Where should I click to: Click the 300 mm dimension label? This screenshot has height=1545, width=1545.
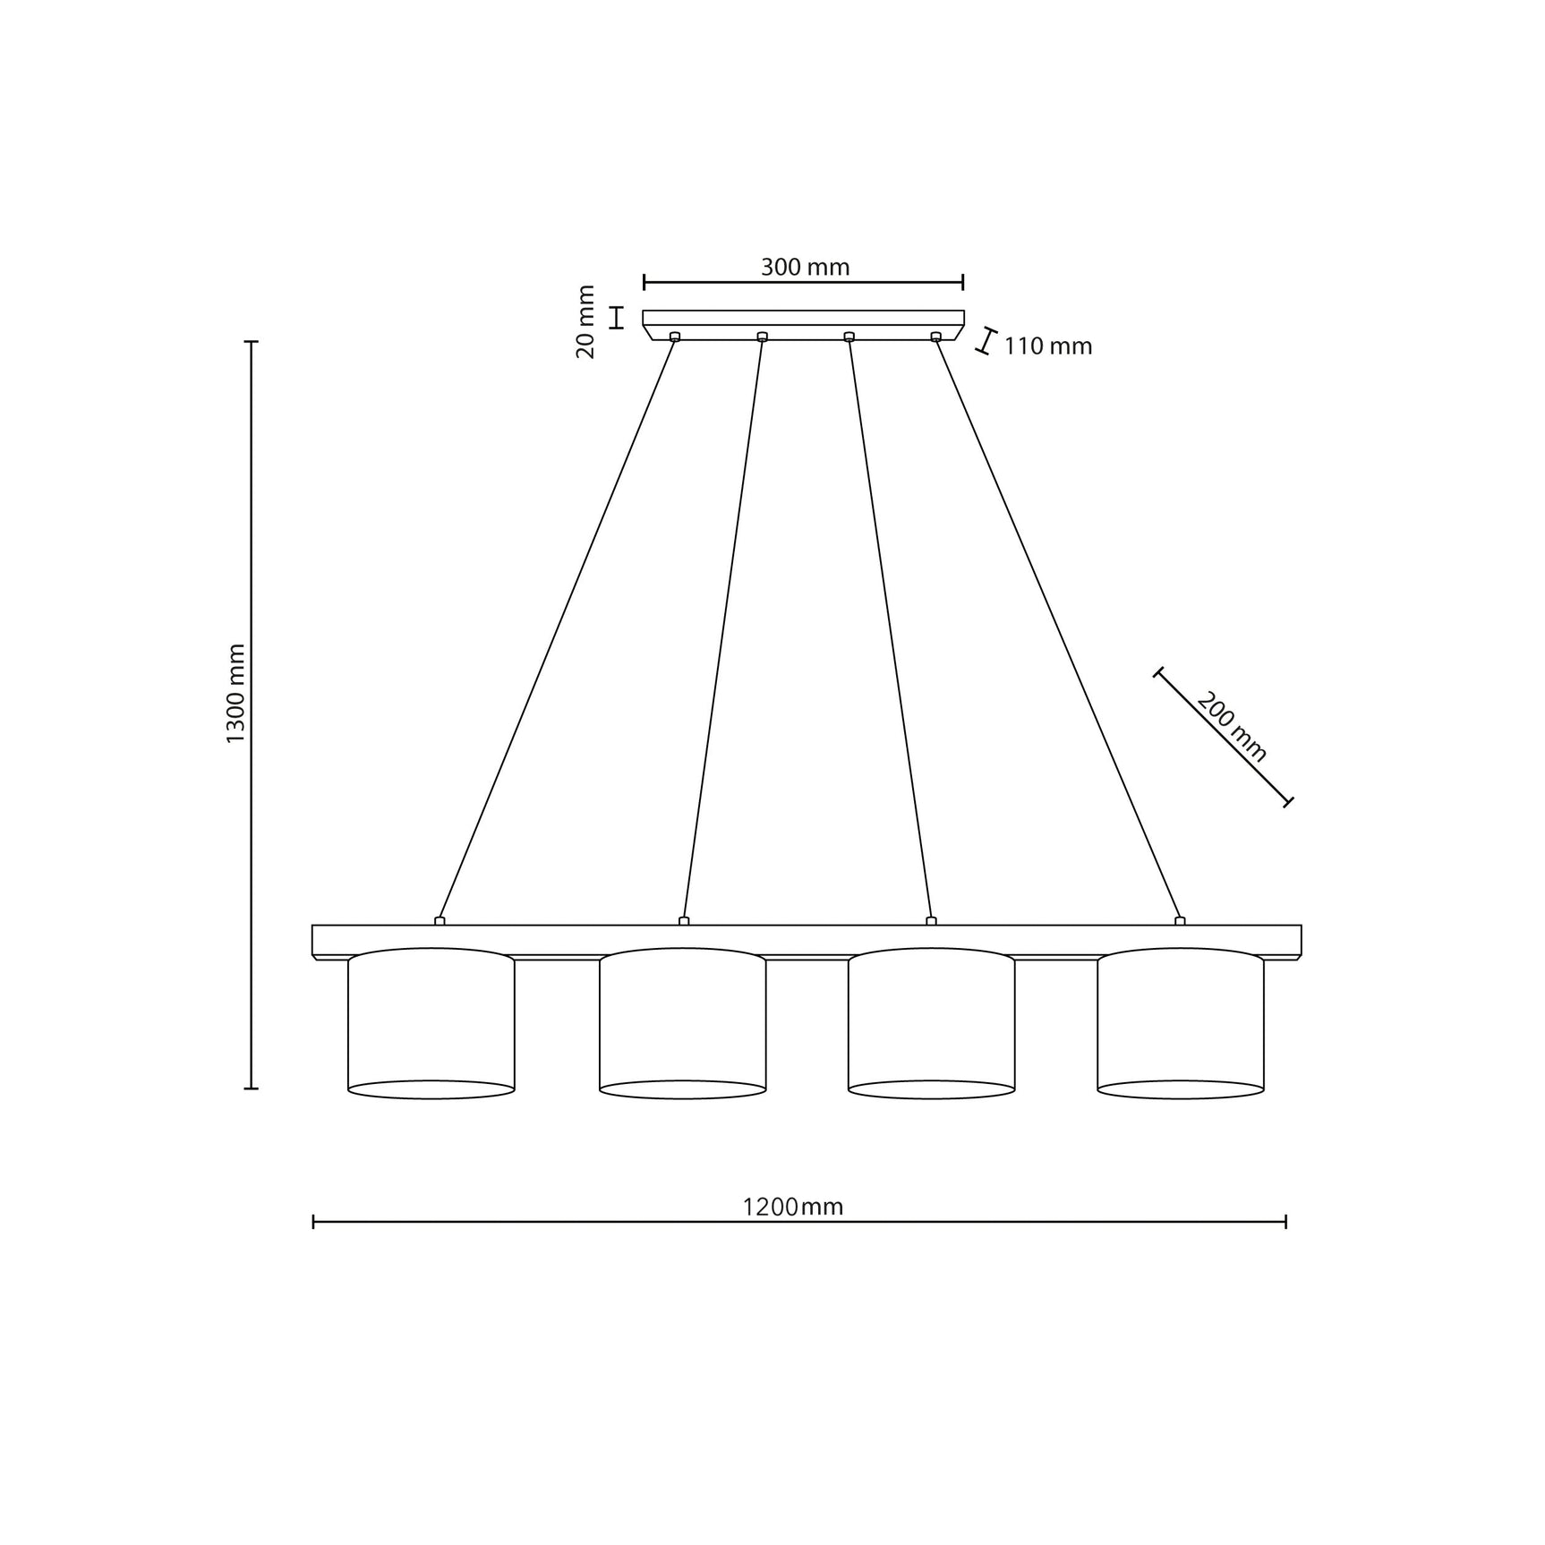[x=805, y=267]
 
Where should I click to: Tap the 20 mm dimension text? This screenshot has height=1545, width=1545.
[x=585, y=321]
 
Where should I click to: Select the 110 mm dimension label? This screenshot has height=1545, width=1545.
[x=1047, y=346]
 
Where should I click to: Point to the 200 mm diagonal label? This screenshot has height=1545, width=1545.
[x=1232, y=726]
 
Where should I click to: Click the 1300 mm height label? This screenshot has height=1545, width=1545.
[x=235, y=694]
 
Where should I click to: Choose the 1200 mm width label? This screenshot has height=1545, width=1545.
[x=793, y=1208]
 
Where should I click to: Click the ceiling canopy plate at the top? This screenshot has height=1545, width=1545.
[x=803, y=318]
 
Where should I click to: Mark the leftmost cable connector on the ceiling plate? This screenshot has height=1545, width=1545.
[x=675, y=337]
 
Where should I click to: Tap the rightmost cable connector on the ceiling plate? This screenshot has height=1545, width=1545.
[x=936, y=337]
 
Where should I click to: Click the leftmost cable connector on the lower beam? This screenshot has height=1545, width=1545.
[x=440, y=920]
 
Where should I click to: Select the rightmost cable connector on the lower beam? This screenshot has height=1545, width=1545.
[x=1180, y=920]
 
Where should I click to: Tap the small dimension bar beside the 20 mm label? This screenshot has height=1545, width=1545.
[x=616, y=318]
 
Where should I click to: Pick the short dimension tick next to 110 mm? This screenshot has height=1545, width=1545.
[x=986, y=341]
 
